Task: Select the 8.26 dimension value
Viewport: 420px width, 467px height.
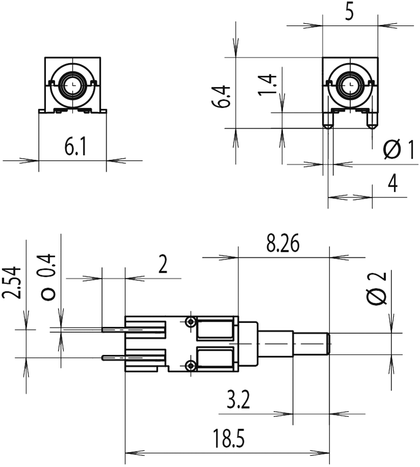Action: tap(283, 244)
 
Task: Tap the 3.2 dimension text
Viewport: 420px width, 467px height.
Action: tap(237, 402)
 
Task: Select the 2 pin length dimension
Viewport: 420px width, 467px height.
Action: tap(163, 265)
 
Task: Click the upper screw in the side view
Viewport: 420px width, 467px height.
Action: tap(191, 322)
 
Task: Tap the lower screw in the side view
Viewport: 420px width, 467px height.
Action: tap(191, 365)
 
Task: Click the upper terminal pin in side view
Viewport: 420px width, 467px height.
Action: tap(113, 330)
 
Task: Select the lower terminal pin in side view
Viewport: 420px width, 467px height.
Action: tap(113, 357)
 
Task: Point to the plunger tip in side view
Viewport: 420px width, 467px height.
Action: tap(327, 343)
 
